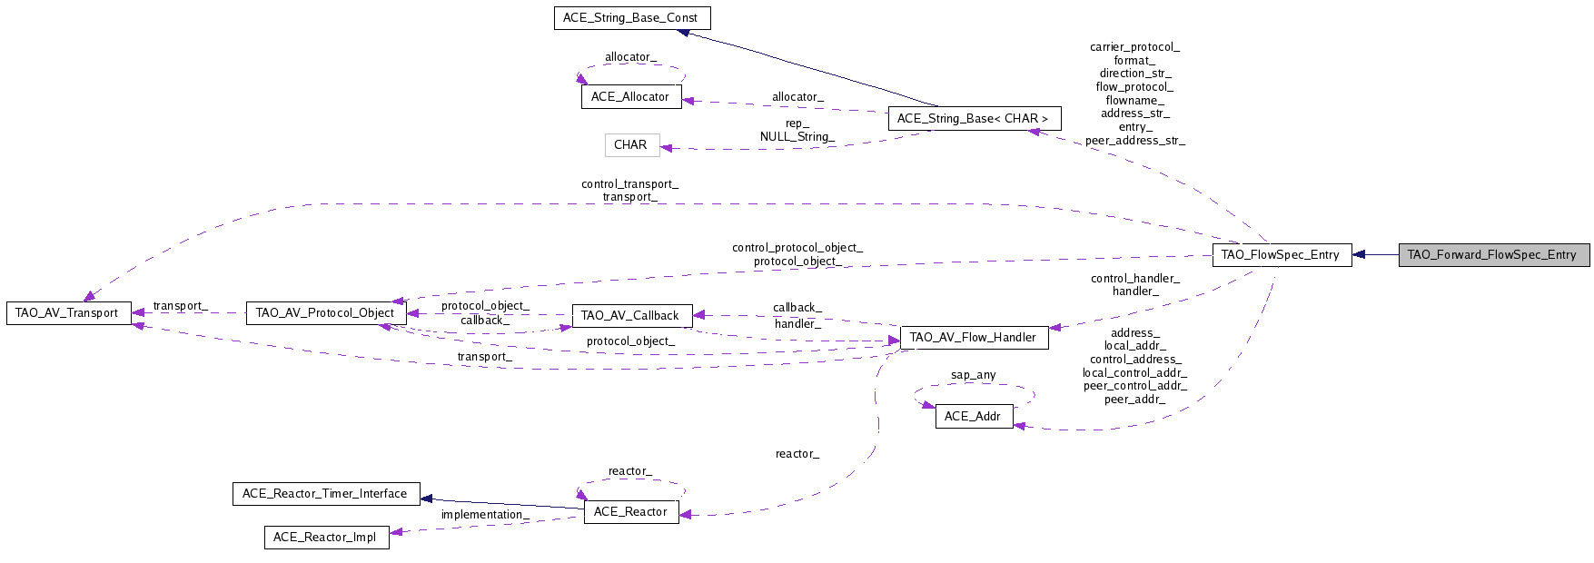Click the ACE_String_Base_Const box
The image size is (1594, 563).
click(x=631, y=18)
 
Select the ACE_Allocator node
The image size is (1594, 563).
click(x=630, y=97)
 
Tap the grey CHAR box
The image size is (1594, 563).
click(x=631, y=145)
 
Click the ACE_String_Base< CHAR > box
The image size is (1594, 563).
click(x=973, y=119)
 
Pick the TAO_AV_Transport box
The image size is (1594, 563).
click(x=68, y=313)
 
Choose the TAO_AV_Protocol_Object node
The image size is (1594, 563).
click(x=325, y=313)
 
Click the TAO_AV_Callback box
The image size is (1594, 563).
click(x=630, y=316)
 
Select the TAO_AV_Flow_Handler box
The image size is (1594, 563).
click(x=973, y=338)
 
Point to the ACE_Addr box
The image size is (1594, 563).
click(x=973, y=417)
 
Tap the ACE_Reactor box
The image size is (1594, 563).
click(x=630, y=512)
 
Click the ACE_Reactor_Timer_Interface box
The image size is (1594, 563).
click(x=325, y=494)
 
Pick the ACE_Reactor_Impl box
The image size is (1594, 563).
click(x=325, y=538)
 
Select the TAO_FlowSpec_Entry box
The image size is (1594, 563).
click(x=1281, y=255)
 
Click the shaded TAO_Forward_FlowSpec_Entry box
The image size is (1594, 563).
click(x=1492, y=255)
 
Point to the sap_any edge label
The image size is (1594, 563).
click(x=973, y=375)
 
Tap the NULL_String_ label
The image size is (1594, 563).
click(x=797, y=137)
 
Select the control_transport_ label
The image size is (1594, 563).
click(x=629, y=184)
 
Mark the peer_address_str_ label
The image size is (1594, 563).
click(x=1134, y=141)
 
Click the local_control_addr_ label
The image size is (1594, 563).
click(x=1134, y=373)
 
